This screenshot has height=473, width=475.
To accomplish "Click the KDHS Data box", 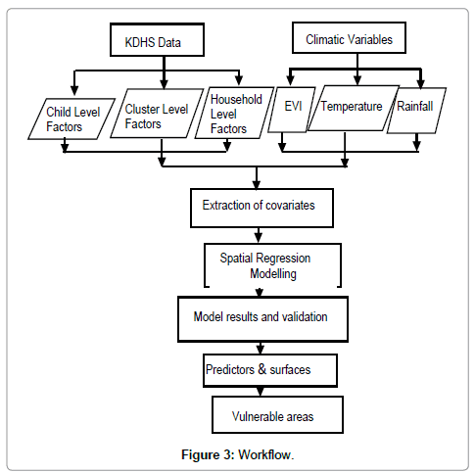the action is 157,39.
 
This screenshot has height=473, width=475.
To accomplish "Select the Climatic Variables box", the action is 349,37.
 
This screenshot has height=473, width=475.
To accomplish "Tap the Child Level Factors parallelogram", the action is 71,118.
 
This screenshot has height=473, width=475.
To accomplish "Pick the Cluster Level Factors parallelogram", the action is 157,114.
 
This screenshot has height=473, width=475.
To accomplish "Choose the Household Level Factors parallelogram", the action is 234,113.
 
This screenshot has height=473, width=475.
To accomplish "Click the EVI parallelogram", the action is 292,110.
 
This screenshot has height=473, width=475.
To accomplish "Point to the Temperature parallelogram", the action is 354,109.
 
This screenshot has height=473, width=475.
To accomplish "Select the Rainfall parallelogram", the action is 416,111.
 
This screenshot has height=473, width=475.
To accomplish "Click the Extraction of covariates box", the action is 261,208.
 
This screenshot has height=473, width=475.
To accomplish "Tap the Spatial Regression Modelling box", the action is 272,265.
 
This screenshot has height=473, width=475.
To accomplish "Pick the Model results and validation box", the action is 262,319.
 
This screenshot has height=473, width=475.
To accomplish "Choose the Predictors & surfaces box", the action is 270,370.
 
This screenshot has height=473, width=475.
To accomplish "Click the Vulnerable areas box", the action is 277,414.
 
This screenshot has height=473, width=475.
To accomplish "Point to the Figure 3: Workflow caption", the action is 238,454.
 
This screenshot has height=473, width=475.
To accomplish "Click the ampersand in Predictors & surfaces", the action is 261,369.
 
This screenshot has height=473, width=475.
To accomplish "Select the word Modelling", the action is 273,273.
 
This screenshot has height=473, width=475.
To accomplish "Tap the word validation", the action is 305,316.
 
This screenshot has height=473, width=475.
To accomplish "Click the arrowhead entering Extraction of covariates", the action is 257,184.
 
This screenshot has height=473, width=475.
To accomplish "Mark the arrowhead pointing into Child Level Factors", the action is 74,91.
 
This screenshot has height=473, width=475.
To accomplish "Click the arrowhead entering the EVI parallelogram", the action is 290,80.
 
